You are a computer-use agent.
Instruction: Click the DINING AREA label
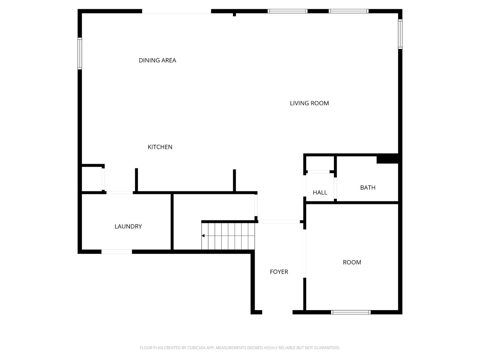click(x=157, y=60)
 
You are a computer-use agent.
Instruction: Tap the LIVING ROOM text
click(x=309, y=103)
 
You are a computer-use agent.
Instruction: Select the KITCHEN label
click(x=160, y=147)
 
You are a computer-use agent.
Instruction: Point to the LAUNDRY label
click(x=128, y=227)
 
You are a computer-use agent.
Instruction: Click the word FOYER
click(x=279, y=272)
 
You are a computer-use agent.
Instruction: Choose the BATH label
click(x=368, y=188)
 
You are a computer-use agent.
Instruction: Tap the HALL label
click(x=320, y=193)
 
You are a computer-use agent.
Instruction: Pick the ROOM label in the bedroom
click(x=352, y=262)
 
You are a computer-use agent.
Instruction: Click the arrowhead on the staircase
click(x=203, y=236)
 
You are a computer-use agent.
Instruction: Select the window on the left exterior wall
click(x=80, y=53)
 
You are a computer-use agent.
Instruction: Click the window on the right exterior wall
click(x=400, y=34)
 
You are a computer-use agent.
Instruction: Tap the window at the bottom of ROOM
click(x=351, y=312)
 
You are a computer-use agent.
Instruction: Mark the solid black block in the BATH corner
click(x=387, y=159)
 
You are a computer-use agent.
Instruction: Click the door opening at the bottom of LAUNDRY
click(x=116, y=252)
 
